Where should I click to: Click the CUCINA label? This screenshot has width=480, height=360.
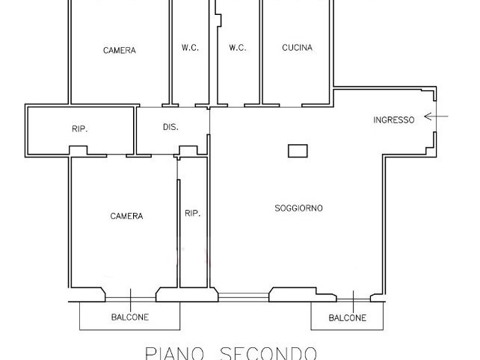point(297,48)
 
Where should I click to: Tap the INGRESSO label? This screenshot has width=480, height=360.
point(393,120)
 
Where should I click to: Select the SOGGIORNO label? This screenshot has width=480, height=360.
point(299,208)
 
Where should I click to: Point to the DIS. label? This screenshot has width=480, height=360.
point(170,127)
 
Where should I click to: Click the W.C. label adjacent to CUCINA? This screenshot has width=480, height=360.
point(237,48)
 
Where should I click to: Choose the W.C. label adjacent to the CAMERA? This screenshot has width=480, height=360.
point(190,48)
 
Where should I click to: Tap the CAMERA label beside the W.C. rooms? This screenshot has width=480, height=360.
point(120,51)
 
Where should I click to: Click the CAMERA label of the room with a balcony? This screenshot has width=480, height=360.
point(126,216)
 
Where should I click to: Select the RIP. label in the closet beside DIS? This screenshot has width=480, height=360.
point(80,129)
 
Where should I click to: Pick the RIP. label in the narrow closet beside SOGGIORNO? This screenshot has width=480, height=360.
point(192,214)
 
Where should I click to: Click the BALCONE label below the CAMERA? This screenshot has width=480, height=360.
point(130,317)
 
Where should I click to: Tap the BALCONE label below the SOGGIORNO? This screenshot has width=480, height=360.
point(348,318)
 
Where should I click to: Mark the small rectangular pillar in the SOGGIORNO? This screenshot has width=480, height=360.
point(298,150)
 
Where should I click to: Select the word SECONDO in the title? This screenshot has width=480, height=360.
point(268,353)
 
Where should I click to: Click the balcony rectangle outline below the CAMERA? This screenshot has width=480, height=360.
point(130,327)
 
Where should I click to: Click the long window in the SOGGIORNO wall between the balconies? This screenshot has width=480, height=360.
point(243,297)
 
